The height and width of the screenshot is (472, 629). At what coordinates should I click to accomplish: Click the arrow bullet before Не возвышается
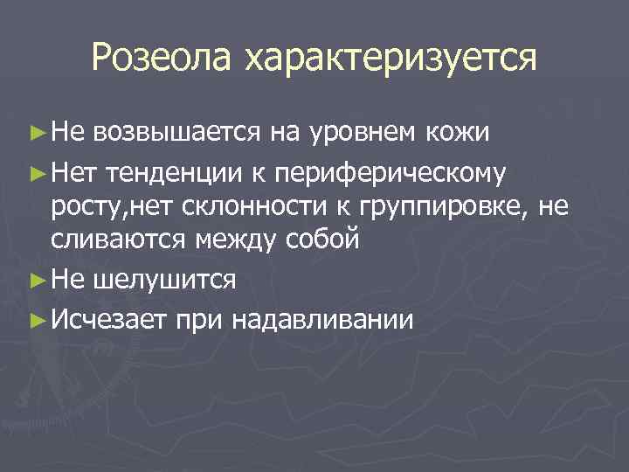click(35, 133)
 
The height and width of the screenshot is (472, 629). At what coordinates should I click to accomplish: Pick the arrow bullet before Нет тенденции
click(35, 173)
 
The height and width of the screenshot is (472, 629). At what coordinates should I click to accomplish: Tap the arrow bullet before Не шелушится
click(35, 280)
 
